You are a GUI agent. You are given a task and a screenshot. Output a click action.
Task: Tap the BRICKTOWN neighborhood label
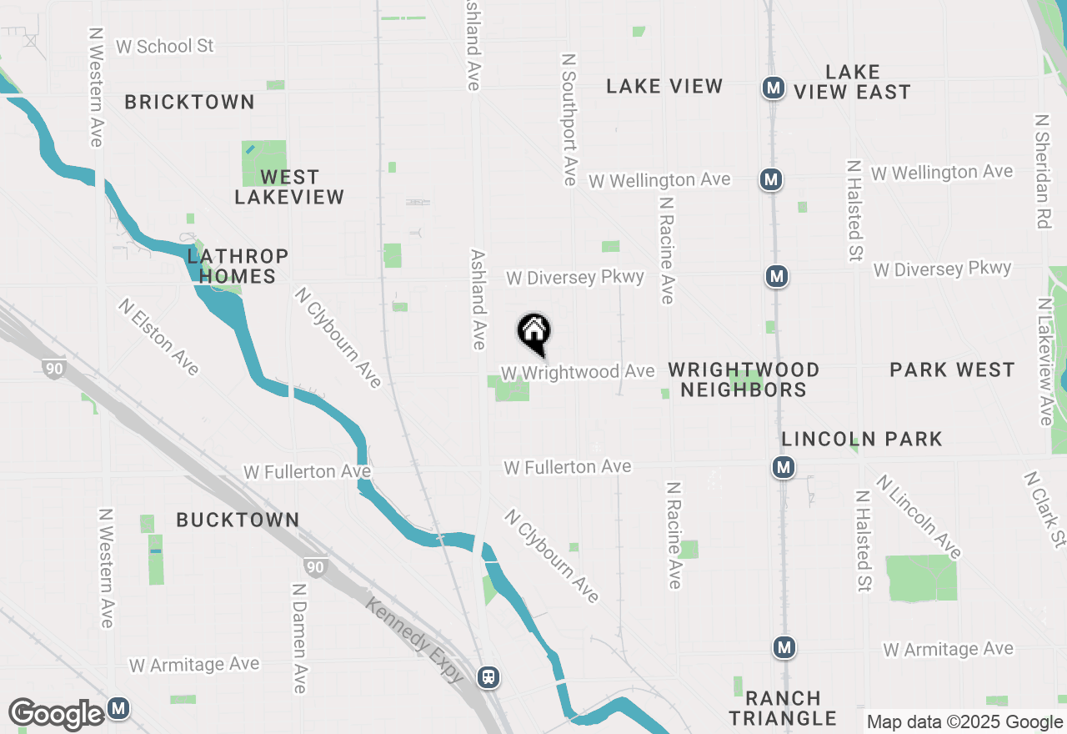(189, 102)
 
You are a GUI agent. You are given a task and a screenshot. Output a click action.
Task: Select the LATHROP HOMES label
(238, 266)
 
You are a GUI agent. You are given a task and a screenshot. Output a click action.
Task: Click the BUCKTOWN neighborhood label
(238, 520)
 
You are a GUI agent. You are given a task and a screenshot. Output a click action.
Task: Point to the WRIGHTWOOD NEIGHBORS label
(744, 380)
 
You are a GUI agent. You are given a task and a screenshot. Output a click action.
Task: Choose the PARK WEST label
(952, 370)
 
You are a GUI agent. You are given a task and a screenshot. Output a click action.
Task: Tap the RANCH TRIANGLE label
(783, 707)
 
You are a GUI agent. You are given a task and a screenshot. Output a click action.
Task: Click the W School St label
(165, 46)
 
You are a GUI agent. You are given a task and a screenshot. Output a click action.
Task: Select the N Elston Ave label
(158, 337)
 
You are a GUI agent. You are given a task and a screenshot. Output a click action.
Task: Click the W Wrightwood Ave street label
(578, 371)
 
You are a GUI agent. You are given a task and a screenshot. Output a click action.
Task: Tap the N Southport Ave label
(569, 120)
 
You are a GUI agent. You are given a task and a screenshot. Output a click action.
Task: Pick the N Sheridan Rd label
(1042, 171)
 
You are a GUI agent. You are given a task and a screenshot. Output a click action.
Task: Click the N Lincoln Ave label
(918, 516)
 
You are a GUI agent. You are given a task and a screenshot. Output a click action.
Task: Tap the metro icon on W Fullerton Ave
(783, 468)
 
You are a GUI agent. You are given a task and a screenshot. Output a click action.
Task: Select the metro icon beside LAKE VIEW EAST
(774, 87)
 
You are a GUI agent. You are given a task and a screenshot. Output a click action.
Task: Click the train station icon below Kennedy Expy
(488, 677)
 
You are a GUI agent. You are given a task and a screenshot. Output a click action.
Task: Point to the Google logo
(57, 714)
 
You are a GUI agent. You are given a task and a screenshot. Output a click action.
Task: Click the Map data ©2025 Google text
(964, 722)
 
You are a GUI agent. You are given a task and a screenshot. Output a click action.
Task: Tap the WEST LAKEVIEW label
(289, 187)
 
